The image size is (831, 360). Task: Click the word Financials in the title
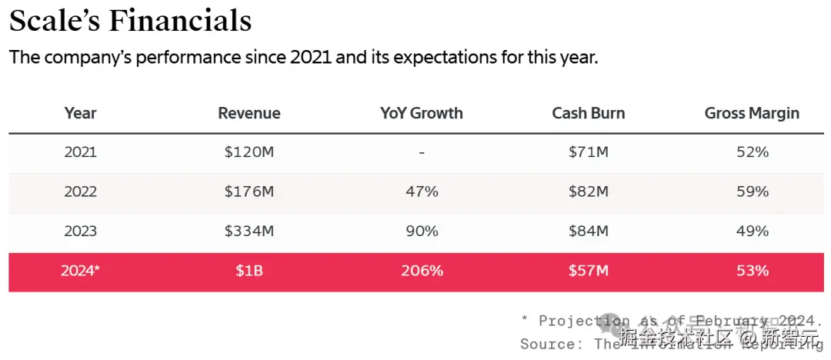click(180, 20)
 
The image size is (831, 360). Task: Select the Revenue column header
click(249, 113)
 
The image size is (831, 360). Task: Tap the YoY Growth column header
click(422, 113)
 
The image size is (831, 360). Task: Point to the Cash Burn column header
click(589, 113)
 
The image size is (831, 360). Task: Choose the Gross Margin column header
click(752, 113)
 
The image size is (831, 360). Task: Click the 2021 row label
click(81, 152)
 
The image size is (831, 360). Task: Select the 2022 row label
click(81, 192)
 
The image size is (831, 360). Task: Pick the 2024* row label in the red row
click(81, 271)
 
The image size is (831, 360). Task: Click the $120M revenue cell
click(249, 152)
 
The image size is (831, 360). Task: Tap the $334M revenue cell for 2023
click(249, 231)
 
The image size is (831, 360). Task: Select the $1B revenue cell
click(249, 271)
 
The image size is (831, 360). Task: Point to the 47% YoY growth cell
click(422, 192)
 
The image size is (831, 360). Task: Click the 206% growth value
click(422, 271)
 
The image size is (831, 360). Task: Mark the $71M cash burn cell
click(589, 152)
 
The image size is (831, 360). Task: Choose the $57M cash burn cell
click(589, 271)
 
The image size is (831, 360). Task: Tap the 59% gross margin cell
click(752, 192)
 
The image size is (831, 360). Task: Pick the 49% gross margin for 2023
click(752, 231)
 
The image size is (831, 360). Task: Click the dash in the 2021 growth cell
click(422, 153)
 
